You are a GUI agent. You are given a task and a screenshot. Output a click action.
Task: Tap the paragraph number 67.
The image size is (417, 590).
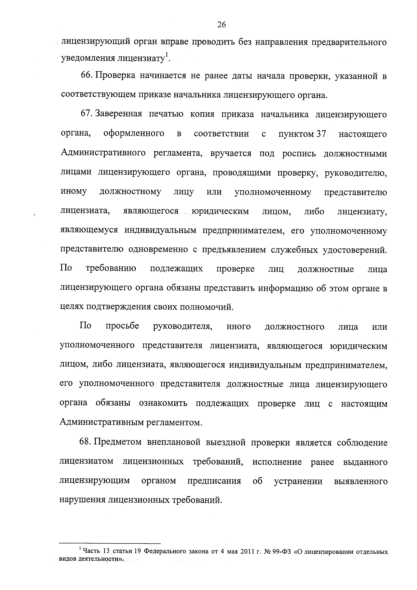pos(87,114)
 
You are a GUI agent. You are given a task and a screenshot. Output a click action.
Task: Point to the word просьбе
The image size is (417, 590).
pos(122,326)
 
